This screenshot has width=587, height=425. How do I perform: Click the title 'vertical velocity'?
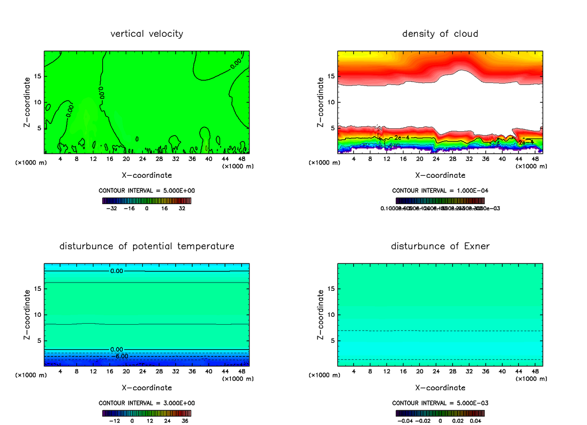click(147, 34)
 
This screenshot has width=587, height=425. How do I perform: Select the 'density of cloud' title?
click(440, 34)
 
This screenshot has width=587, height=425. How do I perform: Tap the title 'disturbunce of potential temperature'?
click(147, 246)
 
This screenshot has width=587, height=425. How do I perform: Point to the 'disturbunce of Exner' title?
click(440, 246)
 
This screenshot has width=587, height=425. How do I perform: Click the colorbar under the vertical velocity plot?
click(147, 201)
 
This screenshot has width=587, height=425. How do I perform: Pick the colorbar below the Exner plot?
click(440, 413)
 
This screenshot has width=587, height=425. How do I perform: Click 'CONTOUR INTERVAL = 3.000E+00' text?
click(147, 403)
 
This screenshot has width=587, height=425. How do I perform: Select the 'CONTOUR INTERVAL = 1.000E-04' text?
click(440, 191)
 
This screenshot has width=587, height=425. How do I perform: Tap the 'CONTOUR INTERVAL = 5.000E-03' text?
click(440, 403)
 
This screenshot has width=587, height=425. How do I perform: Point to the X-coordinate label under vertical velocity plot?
click(147, 175)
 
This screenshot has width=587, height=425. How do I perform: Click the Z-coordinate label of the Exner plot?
click(321, 314)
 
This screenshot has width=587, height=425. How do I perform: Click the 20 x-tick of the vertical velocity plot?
click(126, 159)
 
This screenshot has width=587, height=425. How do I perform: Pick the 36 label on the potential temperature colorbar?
click(184, 420)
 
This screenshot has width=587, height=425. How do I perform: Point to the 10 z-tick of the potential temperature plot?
click(38, 314)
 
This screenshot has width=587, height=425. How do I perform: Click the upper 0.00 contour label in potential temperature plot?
click(117, 271)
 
